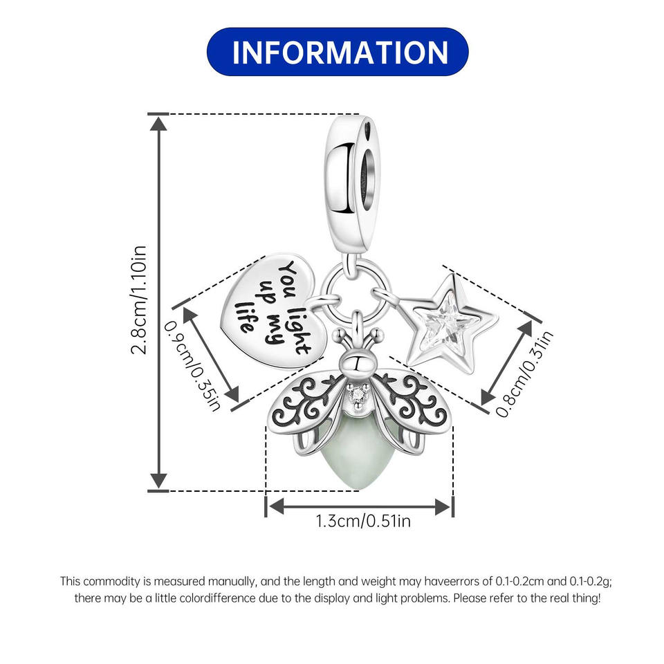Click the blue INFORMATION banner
coord(338,52)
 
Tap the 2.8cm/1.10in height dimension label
coord(139,299)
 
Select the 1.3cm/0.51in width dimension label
coord(363,521)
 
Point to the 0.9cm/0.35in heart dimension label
coord(192,365)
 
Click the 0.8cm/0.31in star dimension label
coord(525,373)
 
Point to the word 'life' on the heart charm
coord(244,317)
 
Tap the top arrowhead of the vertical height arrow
coord(158,123)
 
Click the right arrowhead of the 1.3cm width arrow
coord(443,506)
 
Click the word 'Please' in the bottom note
coord(471,598)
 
